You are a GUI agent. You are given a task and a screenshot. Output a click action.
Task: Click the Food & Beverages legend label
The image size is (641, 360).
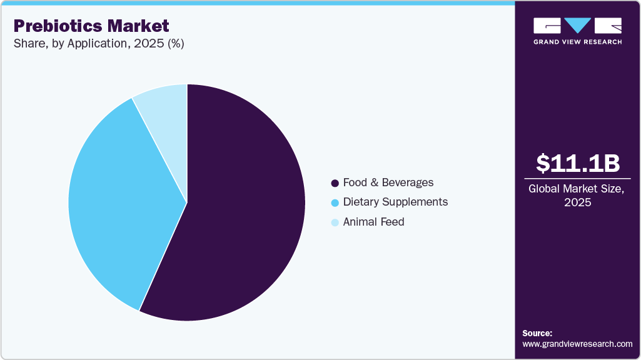pos(388,182)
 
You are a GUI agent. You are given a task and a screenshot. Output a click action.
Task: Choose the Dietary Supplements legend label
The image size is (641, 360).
pos(395,202)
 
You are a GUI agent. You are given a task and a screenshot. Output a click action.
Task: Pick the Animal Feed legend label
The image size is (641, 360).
pos(373,222)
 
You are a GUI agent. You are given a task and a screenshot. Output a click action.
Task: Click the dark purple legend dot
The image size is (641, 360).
pos(335,183)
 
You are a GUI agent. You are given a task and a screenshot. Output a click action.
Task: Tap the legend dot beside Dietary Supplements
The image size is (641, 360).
pos(335,202)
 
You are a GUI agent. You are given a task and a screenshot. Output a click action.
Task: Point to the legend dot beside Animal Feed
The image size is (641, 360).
pos(335,222)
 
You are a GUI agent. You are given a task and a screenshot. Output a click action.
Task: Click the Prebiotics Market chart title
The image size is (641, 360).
pos(91,26)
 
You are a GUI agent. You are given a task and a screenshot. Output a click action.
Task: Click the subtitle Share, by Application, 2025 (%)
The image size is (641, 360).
pos(98,44)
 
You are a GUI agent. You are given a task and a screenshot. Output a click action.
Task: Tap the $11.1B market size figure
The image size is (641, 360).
pos(578,163)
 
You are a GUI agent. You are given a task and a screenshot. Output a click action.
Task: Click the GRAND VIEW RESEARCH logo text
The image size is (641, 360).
pos(577,42)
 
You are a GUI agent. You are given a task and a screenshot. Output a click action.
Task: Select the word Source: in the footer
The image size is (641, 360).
pos(537,333)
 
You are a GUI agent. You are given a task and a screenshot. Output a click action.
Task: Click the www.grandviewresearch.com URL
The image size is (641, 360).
pos(577,344)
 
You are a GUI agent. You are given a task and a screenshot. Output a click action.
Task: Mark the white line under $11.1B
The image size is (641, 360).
pos(578,178)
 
